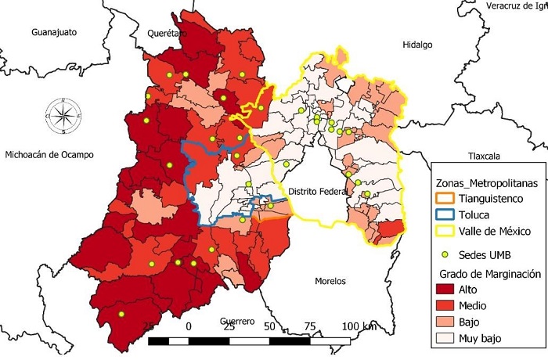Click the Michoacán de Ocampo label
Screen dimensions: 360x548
point(49,155)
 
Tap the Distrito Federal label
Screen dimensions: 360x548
point(315,192)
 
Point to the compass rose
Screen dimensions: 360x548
point(63,114)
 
